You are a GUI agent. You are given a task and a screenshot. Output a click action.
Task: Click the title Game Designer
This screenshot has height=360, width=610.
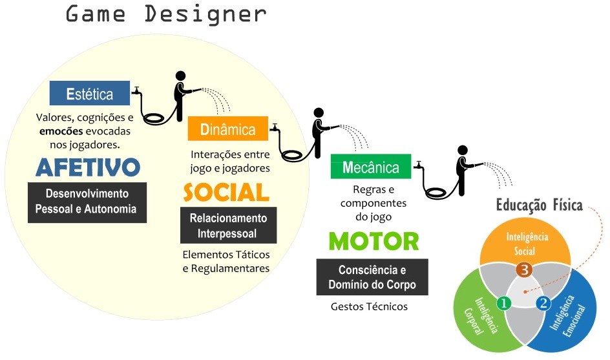tap(165, 14)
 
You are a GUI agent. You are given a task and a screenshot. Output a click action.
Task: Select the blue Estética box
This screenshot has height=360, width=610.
tap(89, 94)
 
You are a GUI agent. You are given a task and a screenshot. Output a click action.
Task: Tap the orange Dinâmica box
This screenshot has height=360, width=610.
tap(227, 129)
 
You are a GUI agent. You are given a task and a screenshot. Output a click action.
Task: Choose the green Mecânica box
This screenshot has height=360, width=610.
tap(370, 167)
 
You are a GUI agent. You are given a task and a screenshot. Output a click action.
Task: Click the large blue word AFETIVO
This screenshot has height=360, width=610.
tap(87, 167)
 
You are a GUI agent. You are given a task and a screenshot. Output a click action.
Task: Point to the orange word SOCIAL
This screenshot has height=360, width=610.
tap(226, 192)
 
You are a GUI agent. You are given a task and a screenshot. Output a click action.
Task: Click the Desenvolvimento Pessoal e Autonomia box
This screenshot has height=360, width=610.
tap(87, 201)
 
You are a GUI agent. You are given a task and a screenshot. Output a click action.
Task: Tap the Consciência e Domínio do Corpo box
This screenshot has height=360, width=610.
tap(372, 277)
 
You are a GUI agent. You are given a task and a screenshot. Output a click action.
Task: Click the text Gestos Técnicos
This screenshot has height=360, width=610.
tap(369, 306)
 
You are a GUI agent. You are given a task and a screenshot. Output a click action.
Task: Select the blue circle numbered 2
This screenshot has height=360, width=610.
tap(543, 302)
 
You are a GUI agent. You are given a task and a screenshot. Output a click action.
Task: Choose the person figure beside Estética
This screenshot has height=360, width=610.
tap(180, 94)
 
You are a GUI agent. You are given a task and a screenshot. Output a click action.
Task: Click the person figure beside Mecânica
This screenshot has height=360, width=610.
tap(463, 170)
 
